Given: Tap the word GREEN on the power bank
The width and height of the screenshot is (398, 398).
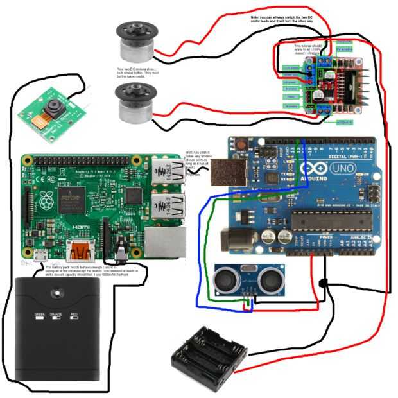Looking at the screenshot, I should pos(38,315).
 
